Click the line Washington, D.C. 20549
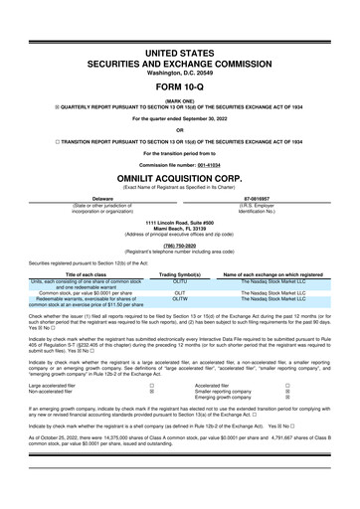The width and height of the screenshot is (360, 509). (179, 71)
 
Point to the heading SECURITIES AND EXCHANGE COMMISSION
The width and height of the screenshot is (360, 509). (179, 61)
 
